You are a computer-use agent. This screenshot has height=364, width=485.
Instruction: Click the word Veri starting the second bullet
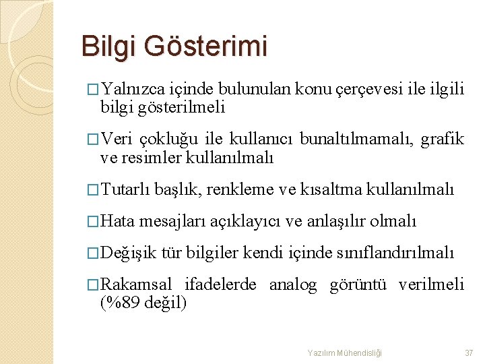[115, 140]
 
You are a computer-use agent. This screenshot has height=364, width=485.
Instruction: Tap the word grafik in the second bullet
[443, 140]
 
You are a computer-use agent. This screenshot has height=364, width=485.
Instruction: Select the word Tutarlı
[125, 189]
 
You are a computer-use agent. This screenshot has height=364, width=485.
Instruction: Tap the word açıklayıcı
[246, 221]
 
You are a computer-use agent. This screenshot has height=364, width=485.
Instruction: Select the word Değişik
[127, 253]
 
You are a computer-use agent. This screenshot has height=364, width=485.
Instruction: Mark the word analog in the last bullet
[293, 285]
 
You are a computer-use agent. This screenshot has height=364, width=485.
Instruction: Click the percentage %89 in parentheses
[121, 303]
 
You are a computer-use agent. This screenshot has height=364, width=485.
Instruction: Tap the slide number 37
[470, 353]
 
